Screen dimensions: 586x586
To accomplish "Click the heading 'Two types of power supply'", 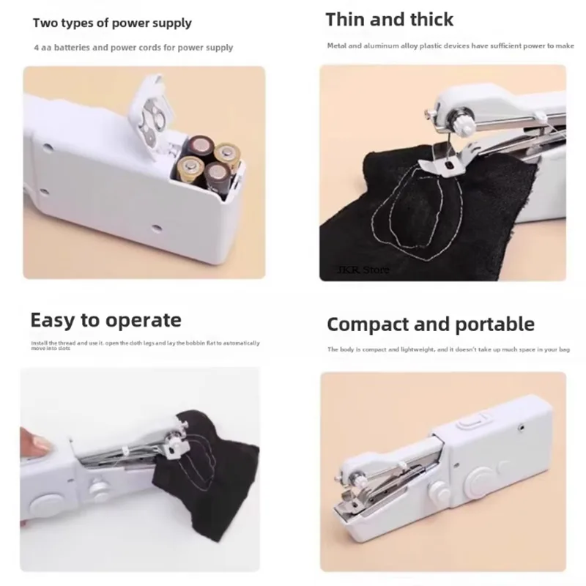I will click(x=112, y=23).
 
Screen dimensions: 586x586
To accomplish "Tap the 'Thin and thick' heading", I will click(x=389, y=19).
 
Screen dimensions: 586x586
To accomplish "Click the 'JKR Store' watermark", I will click(x=364, y=270).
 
